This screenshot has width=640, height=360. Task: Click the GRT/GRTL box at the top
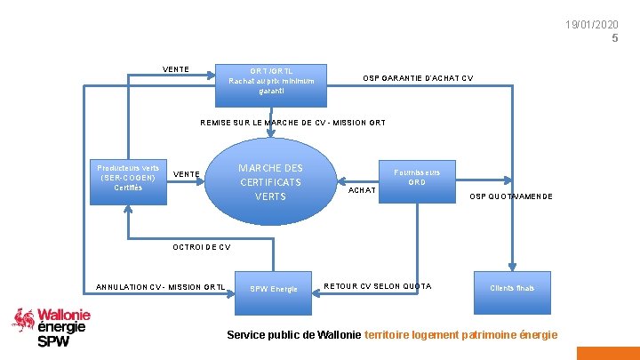coord(273,80)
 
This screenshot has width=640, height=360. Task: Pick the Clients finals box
coord(511,287)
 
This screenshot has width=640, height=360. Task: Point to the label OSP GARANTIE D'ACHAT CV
coord(418,78)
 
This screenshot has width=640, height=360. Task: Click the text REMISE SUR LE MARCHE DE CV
coord(292,123)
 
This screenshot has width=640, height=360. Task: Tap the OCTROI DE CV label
coord(202,247)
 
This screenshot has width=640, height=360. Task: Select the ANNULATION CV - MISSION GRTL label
coord(160,287)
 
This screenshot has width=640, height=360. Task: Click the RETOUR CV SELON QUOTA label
coord(378,286)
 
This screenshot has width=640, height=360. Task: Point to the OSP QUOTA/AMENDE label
coord(511,196)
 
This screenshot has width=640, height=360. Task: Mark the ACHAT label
coord(362,190)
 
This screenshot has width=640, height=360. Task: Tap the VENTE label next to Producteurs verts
coord(185,173)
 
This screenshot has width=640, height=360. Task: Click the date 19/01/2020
coord(591,24)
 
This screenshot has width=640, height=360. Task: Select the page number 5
coord(614,38)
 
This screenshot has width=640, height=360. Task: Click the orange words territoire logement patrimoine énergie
coord(461,335)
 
